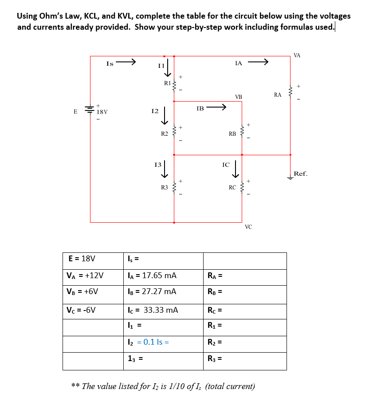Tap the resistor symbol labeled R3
coord(174,187)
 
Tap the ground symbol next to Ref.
coord(290,177)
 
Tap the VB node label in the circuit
coord(239,96)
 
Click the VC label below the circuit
coord(248,227)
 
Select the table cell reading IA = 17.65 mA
coord(164,276)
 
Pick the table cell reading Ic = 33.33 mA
coord(164,310)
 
